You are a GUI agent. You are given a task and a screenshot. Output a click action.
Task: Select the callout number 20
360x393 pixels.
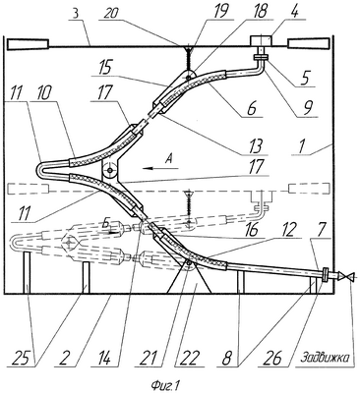(x=112, y=14)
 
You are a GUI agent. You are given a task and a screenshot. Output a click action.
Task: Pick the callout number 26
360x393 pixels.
(x=273, y=359)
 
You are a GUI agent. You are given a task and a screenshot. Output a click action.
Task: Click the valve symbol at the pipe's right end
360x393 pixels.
(x=345, y=277)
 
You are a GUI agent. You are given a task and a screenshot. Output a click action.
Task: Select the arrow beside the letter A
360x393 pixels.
(x=160, y=168)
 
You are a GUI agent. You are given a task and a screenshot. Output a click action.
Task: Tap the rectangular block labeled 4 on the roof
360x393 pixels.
(x=262, y=41)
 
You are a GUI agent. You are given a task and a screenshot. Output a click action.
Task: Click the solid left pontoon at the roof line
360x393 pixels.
(x=28, y=44)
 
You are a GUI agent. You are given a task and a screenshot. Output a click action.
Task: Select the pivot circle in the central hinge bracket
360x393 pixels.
(x=109, y=170)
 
